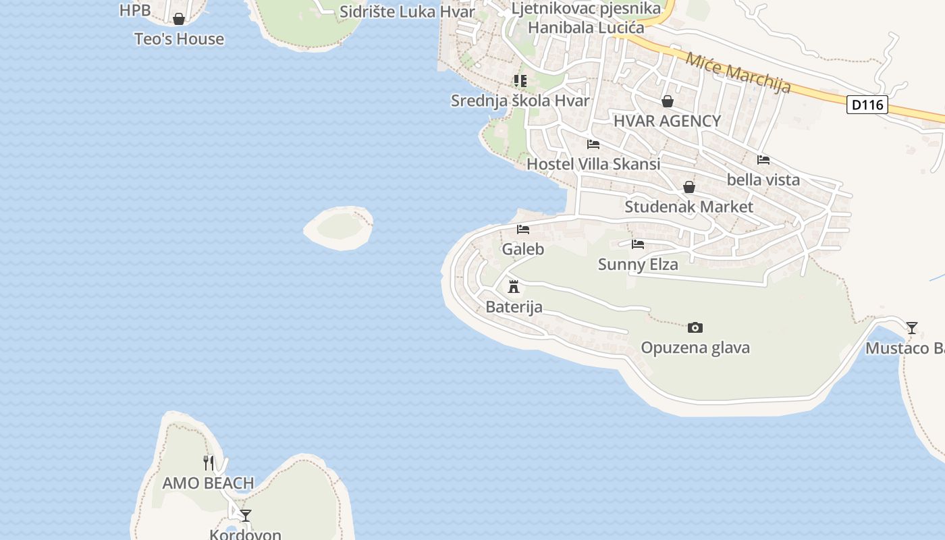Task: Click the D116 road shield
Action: coord(867,105)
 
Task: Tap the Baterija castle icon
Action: coord(514,287)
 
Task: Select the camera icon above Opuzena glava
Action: coord(695,328)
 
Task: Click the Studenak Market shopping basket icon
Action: coord(688,187)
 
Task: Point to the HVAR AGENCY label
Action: coord(667,122)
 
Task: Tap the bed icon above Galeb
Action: coord(523,230)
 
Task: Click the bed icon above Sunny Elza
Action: coord(638,244)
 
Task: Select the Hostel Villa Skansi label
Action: coord(593,164)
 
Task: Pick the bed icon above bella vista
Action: coord(763,160)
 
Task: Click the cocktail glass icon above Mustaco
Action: coord(912,328)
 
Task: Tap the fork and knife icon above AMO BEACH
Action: coord(209,463)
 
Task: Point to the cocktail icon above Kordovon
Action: coord(246,516)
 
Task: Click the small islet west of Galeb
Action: coord(339,227)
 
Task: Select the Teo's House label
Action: coord(179,39)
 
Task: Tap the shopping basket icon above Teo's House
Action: coord(179,19)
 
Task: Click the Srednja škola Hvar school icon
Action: coord(520,81)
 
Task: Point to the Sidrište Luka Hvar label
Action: coord(407,11)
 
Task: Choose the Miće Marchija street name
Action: coord(738,72)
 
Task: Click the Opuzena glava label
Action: coord(695,348)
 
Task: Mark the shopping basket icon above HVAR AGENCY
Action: coord(667,101)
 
